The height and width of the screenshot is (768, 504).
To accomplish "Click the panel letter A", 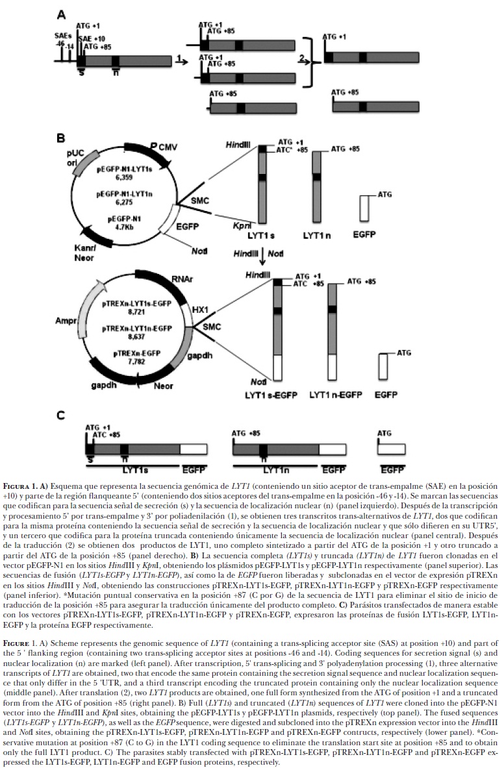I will pyautogui.click(x=60, y=15).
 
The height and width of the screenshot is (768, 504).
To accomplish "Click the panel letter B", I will pyautogui.click(x=60, y=138).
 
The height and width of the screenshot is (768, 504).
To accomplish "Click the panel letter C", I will pyautogui.click(x=60, y=415).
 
